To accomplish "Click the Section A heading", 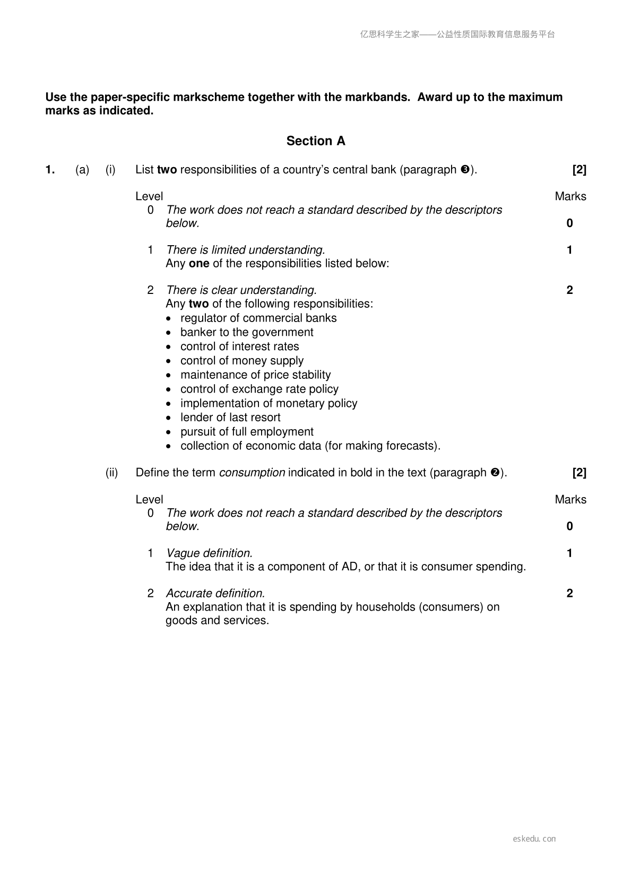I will point(316,141).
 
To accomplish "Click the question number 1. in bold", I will point(50,170).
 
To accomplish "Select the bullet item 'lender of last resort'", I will point(230,418).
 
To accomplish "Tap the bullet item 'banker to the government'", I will point(247,332).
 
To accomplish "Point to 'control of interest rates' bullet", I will point(239,346).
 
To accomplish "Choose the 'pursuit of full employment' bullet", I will point(247,432).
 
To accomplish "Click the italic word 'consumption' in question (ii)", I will point(252,473).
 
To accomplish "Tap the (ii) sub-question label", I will point(111,473).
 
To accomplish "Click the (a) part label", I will point(82,170).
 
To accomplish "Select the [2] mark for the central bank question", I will point(579,170).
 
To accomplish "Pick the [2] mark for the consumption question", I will point(579,473).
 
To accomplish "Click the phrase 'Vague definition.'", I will point(209,553).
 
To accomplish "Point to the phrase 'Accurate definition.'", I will point(215,594).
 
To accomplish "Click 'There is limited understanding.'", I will point(245,250).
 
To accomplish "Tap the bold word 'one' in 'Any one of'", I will point(199,264).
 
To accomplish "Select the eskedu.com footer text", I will point(534,839).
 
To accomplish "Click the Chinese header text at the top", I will point(457,34).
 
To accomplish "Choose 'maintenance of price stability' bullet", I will point(255,375).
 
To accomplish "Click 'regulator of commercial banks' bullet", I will point(258,318).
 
